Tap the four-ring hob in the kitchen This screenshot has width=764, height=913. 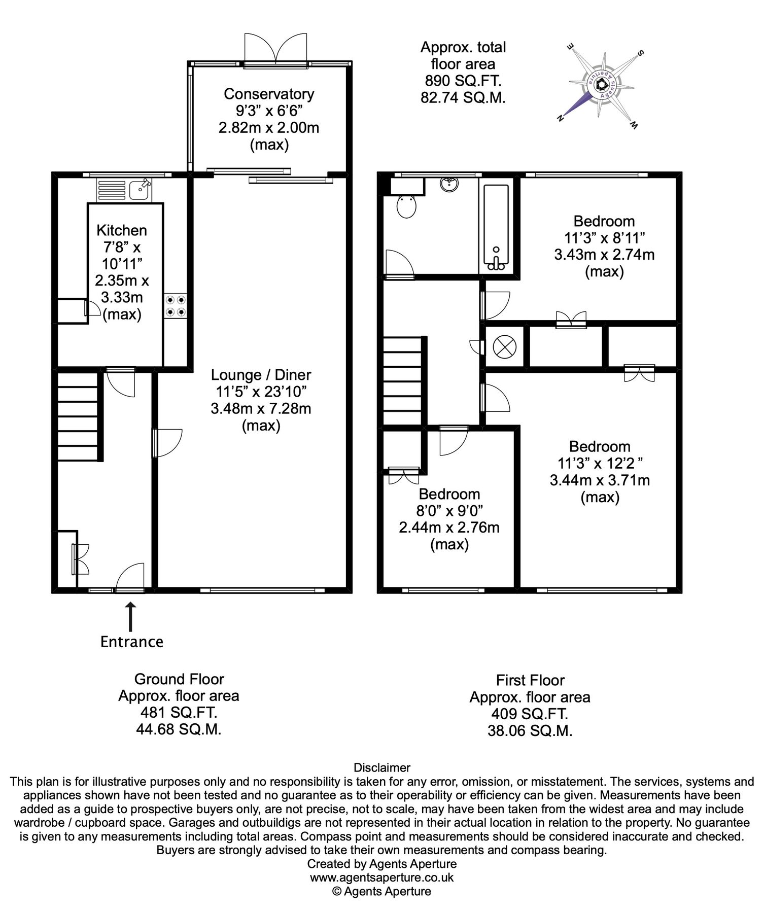coord(176,306)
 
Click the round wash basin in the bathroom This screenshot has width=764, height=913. coord(449,185)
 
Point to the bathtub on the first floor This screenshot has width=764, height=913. coord(496,227)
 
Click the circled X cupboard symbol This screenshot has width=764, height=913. coord(504,347)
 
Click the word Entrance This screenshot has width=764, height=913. coord(132,642)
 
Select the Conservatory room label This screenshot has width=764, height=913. coord(269,94)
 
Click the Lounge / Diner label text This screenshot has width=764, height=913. coord(261,375)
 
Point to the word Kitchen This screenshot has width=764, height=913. coord(122,230)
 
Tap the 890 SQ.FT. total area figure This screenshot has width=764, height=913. coord(463,81)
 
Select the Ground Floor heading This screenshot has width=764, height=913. coord(179,679)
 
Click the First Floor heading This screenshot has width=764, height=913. coord(530,680)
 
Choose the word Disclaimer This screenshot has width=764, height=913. coord(382,767)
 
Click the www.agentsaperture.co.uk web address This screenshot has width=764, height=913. coord(382,877)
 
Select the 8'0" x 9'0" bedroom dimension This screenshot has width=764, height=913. coord(449,510)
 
